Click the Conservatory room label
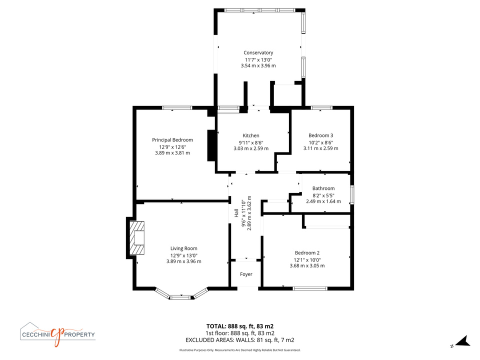coord(258,52)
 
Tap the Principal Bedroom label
coord(172,140)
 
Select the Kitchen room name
coord(251,135)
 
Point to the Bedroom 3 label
coord(321,135)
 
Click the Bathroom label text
coord(323,188)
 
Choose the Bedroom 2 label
coord(307,253)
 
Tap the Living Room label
coord(183,248)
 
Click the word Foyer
coord(246,274)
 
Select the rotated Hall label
coord(236,213)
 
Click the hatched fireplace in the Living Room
coord(137,238)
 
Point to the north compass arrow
coord(463,341)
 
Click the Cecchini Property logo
coord(57,334)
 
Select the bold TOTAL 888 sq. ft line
coord(239,326)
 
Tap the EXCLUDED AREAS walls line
coord(239,340)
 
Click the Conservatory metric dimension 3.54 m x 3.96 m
coord(258,65)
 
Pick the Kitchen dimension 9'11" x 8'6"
coord(251,142)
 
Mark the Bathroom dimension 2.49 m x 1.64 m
coord(323,201)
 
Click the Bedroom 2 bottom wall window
coord(310,288)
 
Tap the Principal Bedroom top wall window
coord(177,108)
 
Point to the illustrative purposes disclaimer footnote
coord(239,350)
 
